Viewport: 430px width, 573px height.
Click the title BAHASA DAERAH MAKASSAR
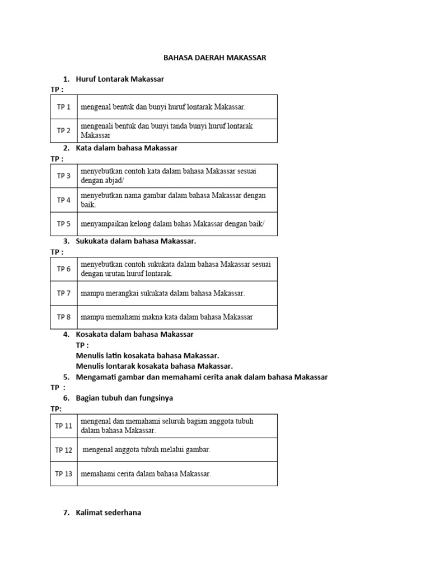[215, 58]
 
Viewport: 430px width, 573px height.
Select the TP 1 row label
[64, 106]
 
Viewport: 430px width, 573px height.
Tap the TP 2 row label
[64, 130]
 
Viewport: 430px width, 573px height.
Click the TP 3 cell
[64, 176]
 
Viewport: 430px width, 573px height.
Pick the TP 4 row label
[64, 200]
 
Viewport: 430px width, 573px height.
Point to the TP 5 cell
[64, 224]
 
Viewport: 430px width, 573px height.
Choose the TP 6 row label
[64, 269]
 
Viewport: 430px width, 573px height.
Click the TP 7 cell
[64, 293]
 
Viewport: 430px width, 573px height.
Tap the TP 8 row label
[64, 317]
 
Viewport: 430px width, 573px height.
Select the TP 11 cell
[64, 425]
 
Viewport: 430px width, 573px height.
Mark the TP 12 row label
[64, 450]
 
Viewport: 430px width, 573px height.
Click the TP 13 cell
[64, 474]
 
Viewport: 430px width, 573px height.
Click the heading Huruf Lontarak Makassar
[120, 79]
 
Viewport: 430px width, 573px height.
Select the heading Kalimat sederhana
[109, 512]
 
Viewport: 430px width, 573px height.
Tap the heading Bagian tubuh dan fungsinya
[124, 398]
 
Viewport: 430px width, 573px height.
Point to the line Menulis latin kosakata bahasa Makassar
[147, 355]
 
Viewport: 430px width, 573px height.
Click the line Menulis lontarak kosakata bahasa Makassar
[154, 366]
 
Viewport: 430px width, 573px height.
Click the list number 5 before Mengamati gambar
[66, 377]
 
